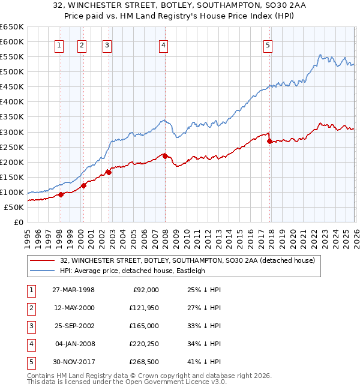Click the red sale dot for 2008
tap(165, 156)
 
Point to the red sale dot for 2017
tap(269, 142)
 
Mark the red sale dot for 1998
tap(61, 194)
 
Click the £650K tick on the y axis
tap(12, 27)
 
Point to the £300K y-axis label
tap(12, 132)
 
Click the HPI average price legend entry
tap(132, 271)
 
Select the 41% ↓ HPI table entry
tap(203, 362)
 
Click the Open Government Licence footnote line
tap(118, 382)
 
